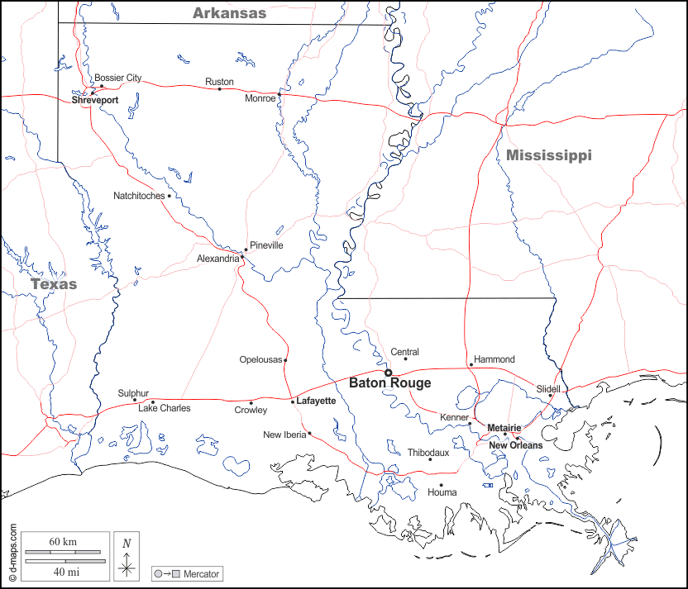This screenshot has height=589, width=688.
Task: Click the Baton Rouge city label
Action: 389,383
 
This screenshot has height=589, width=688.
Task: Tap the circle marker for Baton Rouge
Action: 388,373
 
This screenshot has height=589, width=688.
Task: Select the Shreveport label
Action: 95,100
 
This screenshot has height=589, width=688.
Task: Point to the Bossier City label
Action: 117,78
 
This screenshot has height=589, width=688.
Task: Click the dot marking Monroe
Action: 279,94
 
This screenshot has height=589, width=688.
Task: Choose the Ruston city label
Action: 219,82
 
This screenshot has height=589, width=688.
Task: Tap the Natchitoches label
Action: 139,196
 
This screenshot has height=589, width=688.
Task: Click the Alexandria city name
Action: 217,259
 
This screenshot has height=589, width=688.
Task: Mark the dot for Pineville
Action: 246,249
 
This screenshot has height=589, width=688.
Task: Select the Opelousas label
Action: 260,359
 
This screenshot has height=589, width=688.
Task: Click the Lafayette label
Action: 316,401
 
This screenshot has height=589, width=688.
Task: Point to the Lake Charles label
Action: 164,408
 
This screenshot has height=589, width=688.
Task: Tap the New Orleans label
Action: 515,445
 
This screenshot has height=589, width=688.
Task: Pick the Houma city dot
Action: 441,485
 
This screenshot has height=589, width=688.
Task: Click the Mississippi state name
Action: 549,155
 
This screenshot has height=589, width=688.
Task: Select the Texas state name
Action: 54,284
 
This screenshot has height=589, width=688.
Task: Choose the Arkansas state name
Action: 229,12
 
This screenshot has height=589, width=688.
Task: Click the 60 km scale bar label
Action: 63,541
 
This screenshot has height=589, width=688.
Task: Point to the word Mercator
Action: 203,573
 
